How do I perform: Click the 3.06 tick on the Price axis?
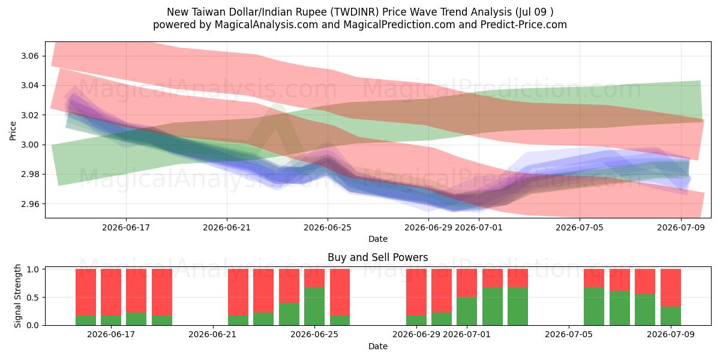pos(29,56)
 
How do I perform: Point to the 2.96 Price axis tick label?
pos(29,204)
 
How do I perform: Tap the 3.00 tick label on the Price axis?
pos(29,145)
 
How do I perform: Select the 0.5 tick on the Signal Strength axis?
pos(33,298)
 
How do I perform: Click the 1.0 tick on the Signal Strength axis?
pos(33,269)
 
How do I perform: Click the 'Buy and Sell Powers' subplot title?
pos(377,257)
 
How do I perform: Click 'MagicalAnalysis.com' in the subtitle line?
pos(266,25)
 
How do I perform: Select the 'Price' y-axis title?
pos(13,131)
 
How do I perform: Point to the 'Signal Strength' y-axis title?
pos(17,296)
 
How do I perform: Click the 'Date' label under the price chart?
pos(377,239)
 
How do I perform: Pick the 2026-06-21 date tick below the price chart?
pos(227,227)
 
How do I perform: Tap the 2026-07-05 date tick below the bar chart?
pos(569,334)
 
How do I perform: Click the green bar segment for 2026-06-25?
pos(314,307)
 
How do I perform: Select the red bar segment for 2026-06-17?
pos(111,292)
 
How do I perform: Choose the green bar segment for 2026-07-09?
pos(671,316)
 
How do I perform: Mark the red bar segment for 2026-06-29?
pos(416,292)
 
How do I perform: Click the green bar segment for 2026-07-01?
pos(467,311)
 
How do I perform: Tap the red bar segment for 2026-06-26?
pos(340,292)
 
